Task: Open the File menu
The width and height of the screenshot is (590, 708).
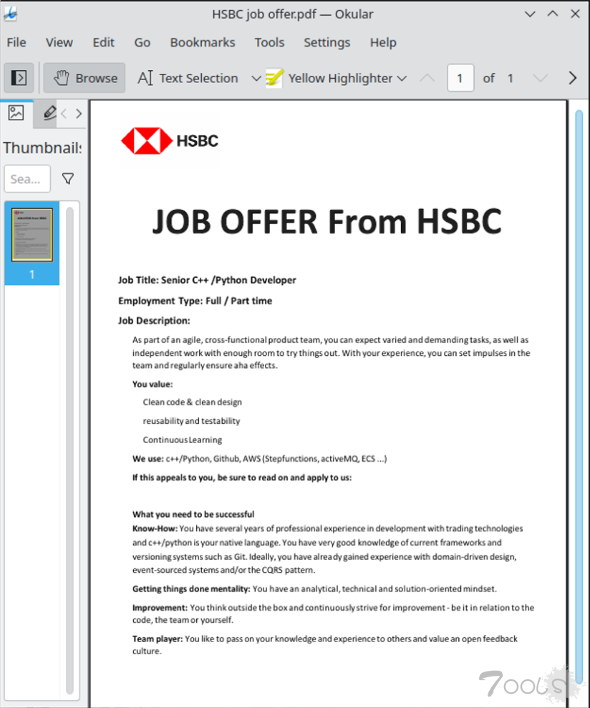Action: [16, 42]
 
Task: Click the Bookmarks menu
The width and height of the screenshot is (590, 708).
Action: [202, 42]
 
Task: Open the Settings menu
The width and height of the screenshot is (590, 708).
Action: [327, 42]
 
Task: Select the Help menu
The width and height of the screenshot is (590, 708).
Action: [383, 42]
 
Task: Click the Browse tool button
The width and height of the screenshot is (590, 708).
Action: [84, 78]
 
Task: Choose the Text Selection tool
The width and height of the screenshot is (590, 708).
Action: [188, 78]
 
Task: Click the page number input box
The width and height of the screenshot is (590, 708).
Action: [460, 78]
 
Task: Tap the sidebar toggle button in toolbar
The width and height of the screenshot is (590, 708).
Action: [19, 78]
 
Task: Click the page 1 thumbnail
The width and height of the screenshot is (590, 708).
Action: [32, 235]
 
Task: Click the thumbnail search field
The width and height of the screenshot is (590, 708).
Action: [27, 179]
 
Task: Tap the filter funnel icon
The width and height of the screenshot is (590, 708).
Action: [68, 179]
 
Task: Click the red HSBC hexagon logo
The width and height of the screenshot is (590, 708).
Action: [147, 140]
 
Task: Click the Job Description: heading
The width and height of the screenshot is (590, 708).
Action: [154, 321]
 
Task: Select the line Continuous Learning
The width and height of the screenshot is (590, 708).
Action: [182, 440]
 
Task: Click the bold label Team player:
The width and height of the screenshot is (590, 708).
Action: [158, 639]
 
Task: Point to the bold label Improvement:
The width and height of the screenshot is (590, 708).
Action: [160, 608]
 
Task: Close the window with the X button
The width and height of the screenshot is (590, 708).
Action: [574, 14]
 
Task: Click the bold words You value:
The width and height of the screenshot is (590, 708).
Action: [153, 384]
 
